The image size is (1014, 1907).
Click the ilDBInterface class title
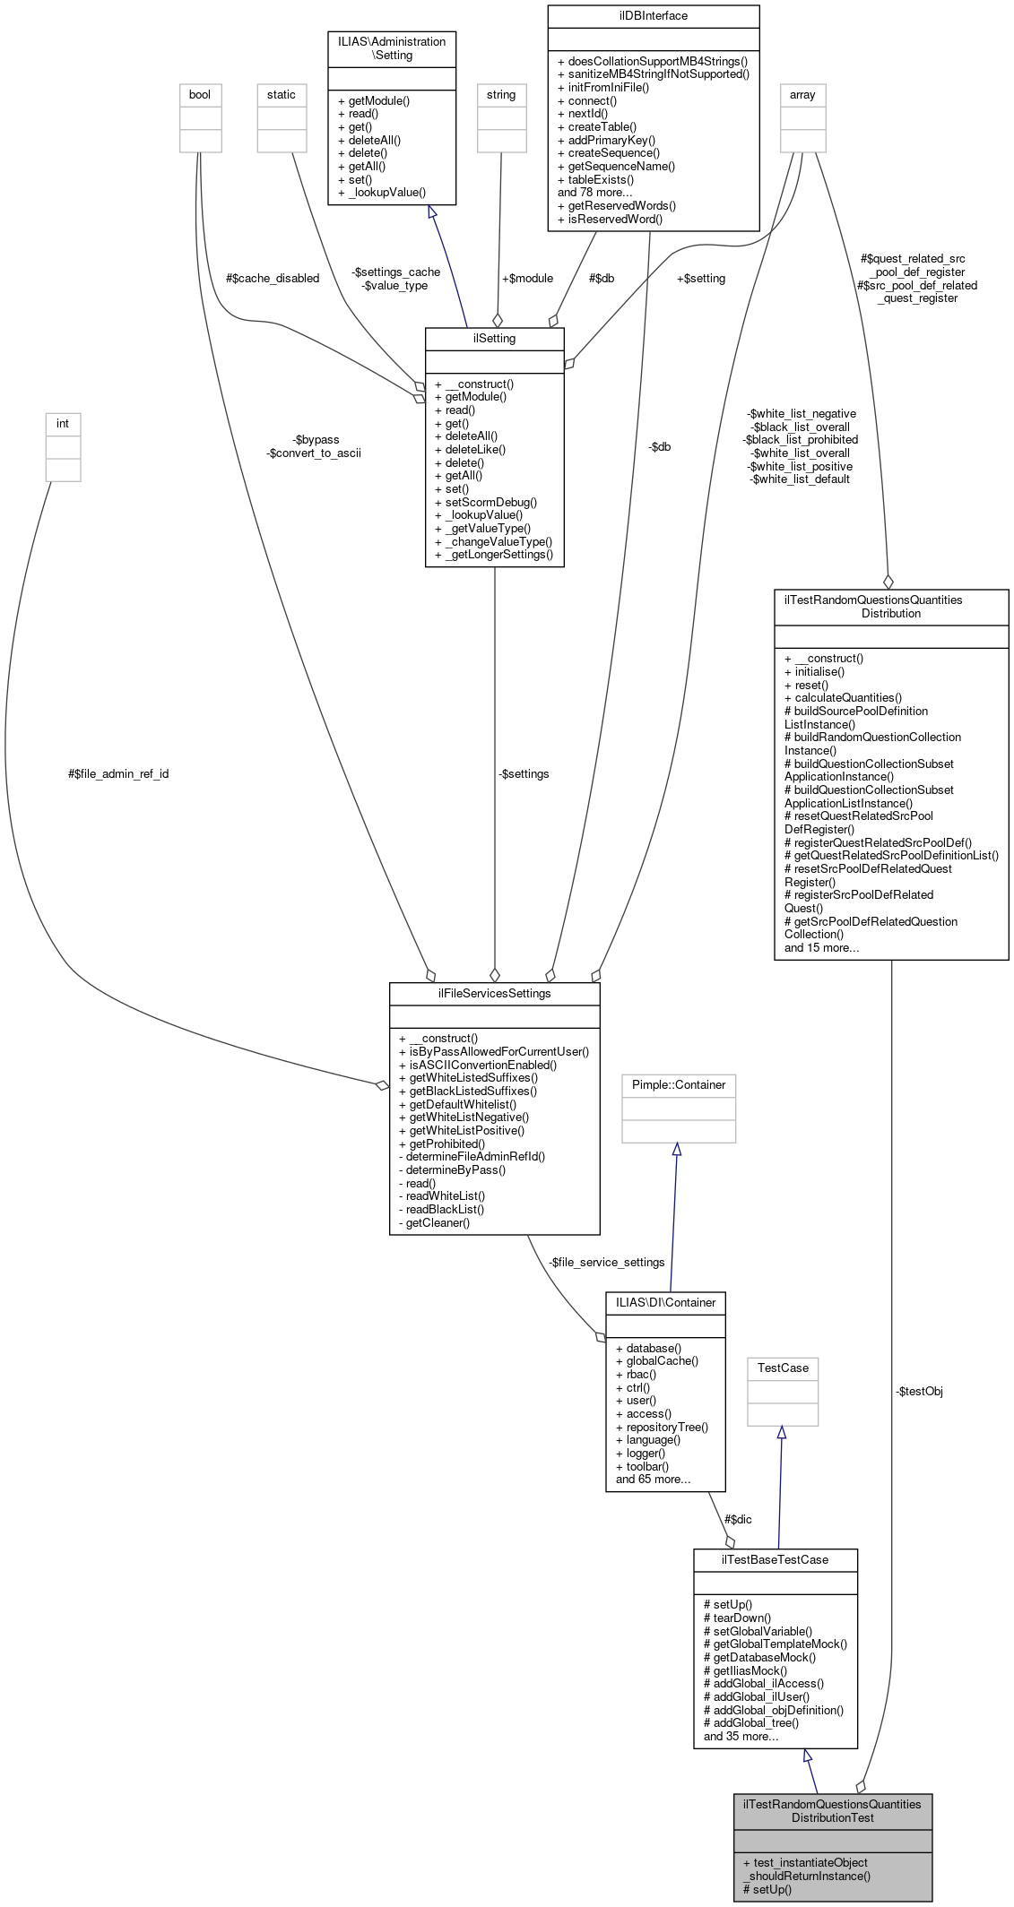pos(653,15)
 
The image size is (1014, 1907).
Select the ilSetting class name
pos(494,338)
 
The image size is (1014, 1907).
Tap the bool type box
pos(200,95)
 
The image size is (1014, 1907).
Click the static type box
pos(281,95)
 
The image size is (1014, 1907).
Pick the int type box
pos(63,424)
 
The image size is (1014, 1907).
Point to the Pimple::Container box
pos(679,1084)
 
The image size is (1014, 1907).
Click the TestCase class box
pos(783,1368)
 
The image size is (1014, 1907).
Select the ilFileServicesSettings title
pos(494,993)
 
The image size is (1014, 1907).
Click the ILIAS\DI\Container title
pos(665,1302)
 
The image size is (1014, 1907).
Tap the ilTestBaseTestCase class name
pos(775,1559)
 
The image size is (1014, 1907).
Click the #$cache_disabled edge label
pos(273,278)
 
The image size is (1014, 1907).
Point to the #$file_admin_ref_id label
pos(118,773)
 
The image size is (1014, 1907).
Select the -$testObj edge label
pos(919,1391)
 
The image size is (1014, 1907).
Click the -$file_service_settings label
pos(607,1262)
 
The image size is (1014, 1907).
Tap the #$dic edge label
pos(738,1519)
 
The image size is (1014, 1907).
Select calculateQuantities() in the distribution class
pos(843,697)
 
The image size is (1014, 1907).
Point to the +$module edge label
pos(527,278)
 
